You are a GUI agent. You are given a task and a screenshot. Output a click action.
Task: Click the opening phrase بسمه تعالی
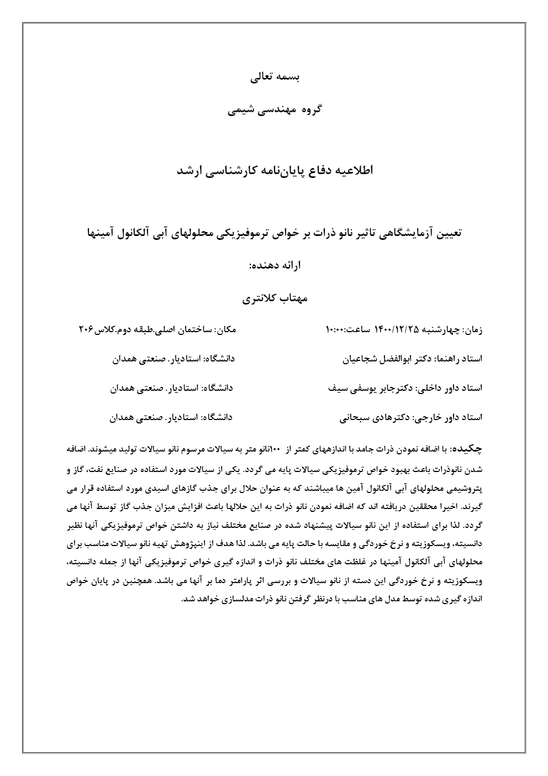[x=275, y=77]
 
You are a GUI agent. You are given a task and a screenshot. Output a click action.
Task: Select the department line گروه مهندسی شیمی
[x=275, y=109]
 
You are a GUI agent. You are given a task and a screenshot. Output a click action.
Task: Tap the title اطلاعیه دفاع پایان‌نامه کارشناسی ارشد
[x=275, y=170]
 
